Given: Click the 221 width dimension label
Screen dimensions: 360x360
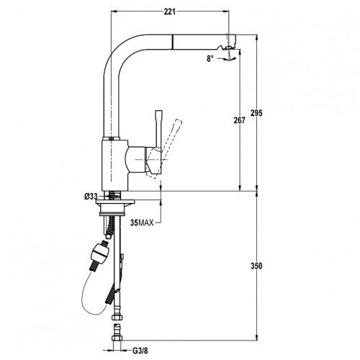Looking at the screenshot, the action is pos(169,12).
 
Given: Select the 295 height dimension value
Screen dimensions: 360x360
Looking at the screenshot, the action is pos(257,113).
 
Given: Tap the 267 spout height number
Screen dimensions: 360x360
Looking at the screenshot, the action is pos(240,120).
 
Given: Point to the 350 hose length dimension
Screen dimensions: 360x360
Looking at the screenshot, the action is pos(256,266).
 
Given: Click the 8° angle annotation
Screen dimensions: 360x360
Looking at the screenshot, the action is pos(210,58).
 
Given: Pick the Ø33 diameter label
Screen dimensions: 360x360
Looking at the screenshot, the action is pos(91,197).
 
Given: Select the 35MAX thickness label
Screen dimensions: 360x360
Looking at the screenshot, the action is pos(142,223).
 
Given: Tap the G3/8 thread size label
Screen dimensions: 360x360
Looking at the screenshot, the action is pos(140,351).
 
